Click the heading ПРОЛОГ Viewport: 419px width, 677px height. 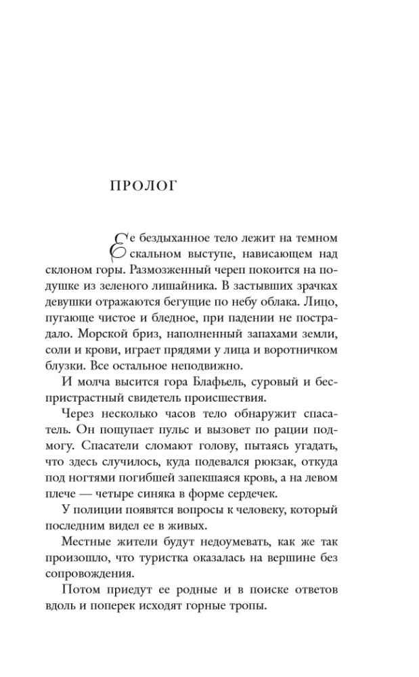point(143,185)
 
